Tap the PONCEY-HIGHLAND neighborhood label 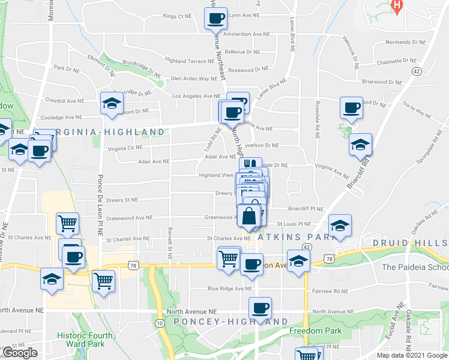pyautogui.click(x=231, y=322)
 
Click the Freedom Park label pyautogui.click(x=316, y=331)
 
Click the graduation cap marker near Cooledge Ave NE pyautogui.click(x=112, y=104)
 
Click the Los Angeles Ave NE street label pyautogui.click(x=196, y=96)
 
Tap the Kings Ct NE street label pyautogui.click(x=178, y=16)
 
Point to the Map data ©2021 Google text pyautogui.click(x=412, y=355)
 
